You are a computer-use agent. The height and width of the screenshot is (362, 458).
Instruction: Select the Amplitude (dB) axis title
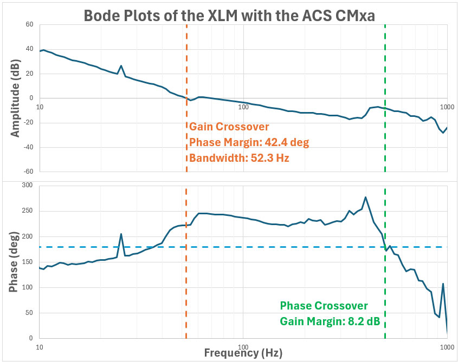16,98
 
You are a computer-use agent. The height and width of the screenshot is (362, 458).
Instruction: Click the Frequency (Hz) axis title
243,353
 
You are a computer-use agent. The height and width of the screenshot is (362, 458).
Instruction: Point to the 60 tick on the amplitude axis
29,25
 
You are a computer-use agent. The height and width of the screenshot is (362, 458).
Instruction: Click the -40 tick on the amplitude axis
28,147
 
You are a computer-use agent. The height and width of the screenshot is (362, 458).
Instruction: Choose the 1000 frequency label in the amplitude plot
446,107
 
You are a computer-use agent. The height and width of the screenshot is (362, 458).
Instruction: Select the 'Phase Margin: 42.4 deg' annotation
248,142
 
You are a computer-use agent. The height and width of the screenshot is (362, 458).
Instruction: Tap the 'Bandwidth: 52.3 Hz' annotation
237,158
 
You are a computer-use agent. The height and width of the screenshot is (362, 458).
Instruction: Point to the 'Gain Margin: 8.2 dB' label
329,322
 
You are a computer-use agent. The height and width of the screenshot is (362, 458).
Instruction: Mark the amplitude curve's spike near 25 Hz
121,66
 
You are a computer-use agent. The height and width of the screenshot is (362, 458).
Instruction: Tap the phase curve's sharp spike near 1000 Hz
443,284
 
